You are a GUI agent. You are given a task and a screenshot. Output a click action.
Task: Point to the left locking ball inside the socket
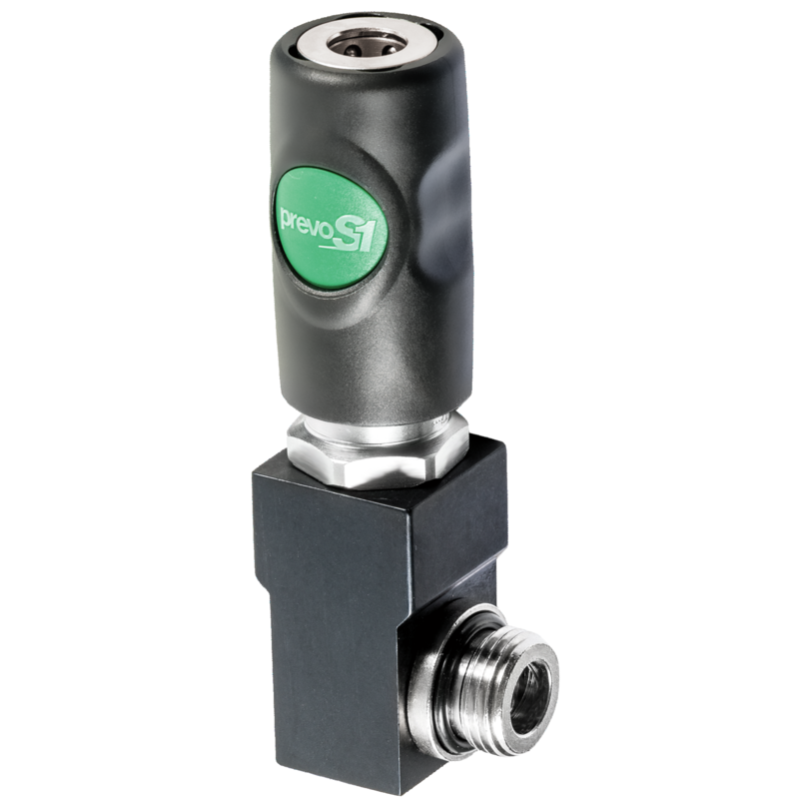[354, 49]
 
